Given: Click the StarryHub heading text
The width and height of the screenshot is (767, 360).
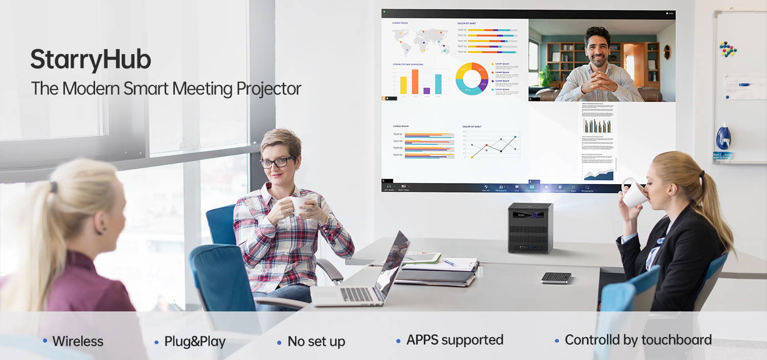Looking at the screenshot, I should click(x=91, y=60).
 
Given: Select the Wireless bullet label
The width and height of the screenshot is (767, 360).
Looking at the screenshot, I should click(x=78, y=341).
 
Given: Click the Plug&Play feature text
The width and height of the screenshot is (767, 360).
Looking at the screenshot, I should click(x=194, y=342).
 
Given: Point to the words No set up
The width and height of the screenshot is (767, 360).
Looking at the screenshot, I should click(x=316, y=342).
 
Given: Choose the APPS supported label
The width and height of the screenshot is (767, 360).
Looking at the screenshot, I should click(x=455, y=340).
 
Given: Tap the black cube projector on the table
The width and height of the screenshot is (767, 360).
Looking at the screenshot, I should click(x=531, y=228).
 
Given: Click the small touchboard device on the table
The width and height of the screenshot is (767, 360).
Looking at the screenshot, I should click(x=556, y=277).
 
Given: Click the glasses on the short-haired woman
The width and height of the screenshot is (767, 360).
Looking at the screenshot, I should click(x=277, y=163).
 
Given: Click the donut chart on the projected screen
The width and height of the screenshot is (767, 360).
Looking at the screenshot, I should click(x=471, y=79).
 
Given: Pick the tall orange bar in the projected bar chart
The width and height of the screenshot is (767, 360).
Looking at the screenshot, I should click(x=415, y=81).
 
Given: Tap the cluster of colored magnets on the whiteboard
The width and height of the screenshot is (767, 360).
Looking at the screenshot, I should click(x=728, y=49).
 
